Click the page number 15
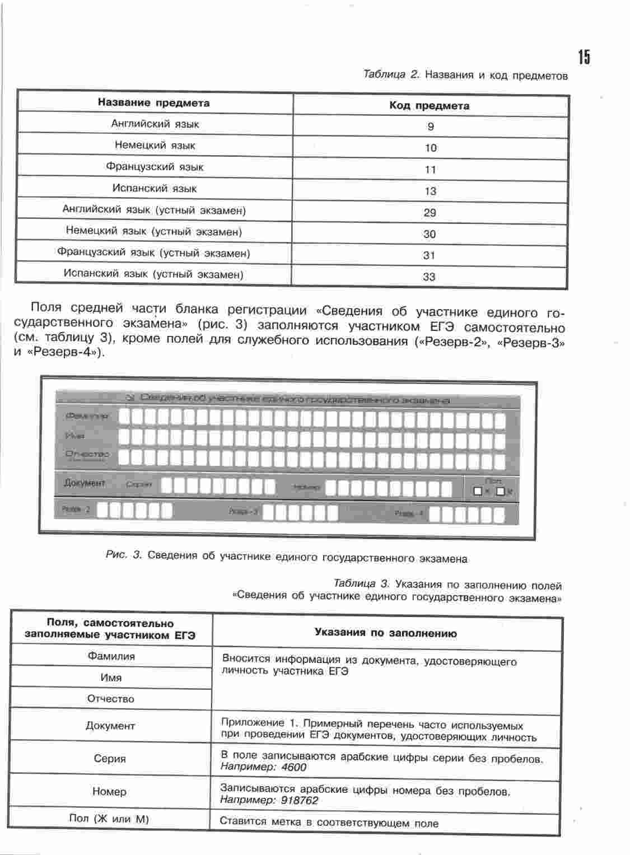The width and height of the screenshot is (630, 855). click(584, 57)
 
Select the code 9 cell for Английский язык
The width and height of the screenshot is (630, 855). click(430, 127)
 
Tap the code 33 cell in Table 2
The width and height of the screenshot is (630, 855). click(429, 277)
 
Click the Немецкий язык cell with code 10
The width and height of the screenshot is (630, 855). click(155, 146)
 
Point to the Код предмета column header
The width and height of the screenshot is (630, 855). click(429, 106)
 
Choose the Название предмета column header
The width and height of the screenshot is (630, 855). click(153, 103)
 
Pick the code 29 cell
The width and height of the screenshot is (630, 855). click(430, 213)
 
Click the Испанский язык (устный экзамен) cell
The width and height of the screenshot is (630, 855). click(153, 274)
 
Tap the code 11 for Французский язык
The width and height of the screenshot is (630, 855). click(430, 170)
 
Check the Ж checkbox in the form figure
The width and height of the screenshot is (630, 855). click(478, 492)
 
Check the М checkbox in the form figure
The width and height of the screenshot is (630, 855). click(500, 492)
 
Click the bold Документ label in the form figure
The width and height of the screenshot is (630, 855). click(85, 483)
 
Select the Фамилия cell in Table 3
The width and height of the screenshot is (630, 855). click(111, 656)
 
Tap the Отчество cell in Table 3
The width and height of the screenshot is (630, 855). click(111, 699)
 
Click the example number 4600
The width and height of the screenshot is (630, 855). click(294, 768)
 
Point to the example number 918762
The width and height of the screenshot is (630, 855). click(300, 801)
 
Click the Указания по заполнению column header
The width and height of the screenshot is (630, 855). click(385, 633)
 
